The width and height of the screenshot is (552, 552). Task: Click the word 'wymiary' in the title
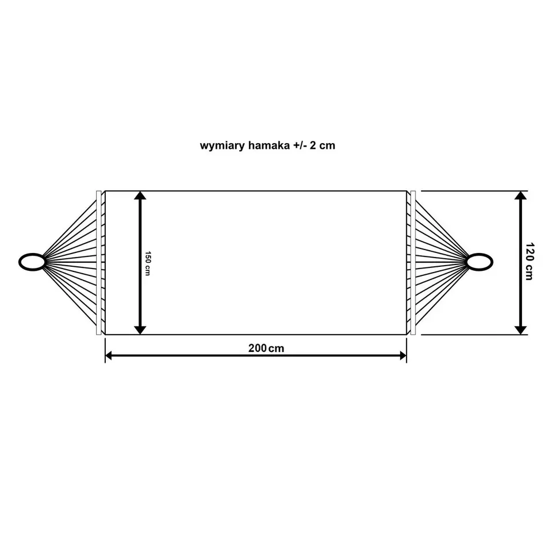point(223,145)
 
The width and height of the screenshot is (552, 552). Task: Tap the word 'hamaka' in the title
point(269,145)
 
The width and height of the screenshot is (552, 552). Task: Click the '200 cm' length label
point(266,348)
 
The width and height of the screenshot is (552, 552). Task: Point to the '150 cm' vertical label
point(148,263)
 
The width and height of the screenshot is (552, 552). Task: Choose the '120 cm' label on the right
point(529,261)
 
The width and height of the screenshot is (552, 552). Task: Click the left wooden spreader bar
point(98,263)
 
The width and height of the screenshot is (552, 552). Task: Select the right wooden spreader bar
point(413,263)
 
